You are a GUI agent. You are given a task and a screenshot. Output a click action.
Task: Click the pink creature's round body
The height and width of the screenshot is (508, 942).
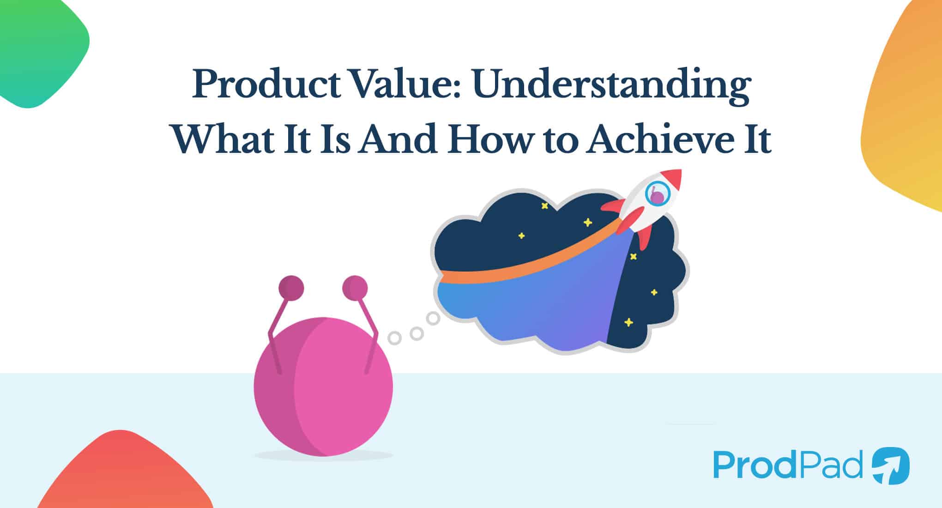[x=323, y=388]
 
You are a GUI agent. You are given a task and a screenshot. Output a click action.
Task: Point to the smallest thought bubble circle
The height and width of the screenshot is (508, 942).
[x=394, y=338]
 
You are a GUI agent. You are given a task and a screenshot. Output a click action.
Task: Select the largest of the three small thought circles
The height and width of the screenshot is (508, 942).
[x=433, y=318]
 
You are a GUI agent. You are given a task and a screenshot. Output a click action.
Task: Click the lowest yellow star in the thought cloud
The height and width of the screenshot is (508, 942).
[x=628, y=322]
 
